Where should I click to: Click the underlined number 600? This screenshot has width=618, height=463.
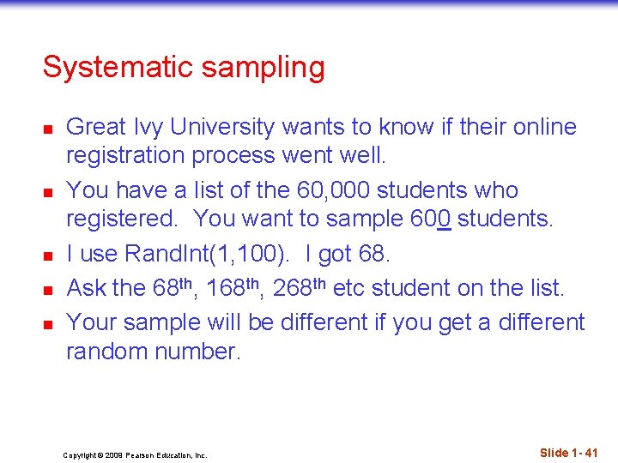tap(430, 219)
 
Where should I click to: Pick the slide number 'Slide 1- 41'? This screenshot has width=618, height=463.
tap(568, 452)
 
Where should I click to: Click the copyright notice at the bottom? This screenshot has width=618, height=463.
tap(135, 455)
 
